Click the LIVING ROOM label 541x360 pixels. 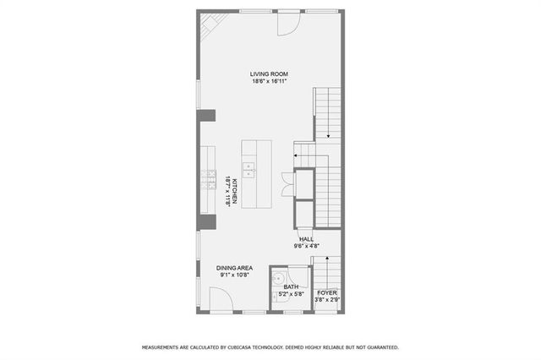pos(269,74)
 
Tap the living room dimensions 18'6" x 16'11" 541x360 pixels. pos(269,82)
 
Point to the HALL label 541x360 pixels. pos(306,239)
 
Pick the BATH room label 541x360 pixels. pos(291,286)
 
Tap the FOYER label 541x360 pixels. pos(326,292)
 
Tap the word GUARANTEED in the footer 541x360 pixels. pos(380,347)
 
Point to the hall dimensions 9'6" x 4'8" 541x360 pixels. pos(306,247)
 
